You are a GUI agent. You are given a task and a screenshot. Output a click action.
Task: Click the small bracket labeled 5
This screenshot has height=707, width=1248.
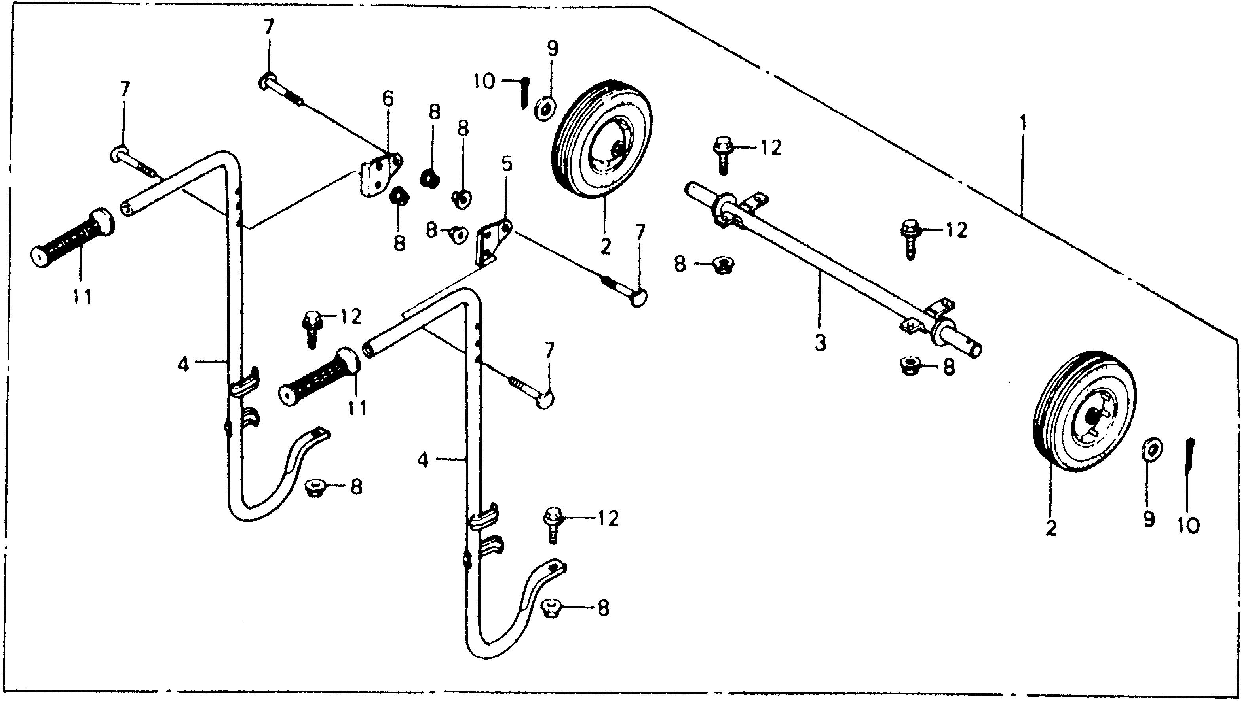(492, 243)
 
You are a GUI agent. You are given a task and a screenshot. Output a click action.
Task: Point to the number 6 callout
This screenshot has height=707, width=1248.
(388, 99)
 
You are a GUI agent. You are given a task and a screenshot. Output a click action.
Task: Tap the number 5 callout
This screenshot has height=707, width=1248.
(506, 164)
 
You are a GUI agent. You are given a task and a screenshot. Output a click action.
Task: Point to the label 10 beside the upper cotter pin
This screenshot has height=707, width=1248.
(484, 81)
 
